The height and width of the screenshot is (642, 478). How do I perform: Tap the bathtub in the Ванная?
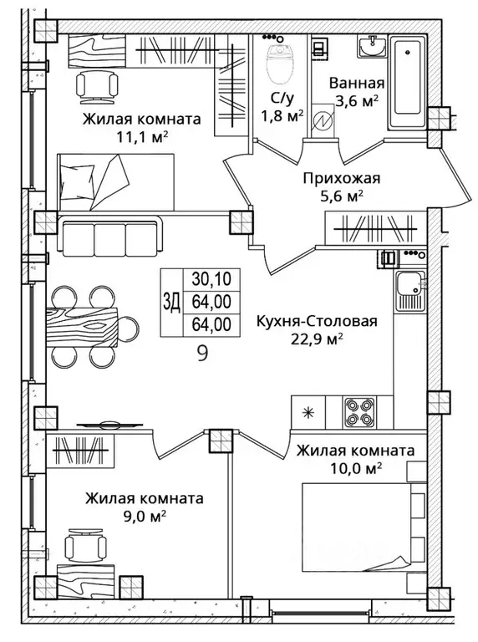tap(407, 82)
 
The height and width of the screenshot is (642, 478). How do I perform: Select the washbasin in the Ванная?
tap(372, 45)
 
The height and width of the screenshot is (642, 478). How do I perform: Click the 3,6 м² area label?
tap(356, 100)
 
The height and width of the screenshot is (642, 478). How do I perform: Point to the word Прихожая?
tap(342, 179)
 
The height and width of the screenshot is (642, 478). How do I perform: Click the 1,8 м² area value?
tap(282, 116)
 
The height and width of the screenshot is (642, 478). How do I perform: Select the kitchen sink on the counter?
tap(410, 293)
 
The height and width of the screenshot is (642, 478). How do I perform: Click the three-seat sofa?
tap(110, 237)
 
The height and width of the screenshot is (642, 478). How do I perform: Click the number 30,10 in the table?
tap(211, 279)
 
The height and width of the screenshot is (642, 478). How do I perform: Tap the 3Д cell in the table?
tap(172, 302)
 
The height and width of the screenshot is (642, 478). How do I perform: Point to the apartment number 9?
tap(202, 354)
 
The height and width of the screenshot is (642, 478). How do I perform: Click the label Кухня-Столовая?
tap(317, 321)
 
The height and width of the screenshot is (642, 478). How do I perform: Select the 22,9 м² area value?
tap(317, 340)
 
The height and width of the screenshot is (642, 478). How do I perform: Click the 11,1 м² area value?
tap(142, 137)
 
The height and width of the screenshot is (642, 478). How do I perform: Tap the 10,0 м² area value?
tap(355, 468)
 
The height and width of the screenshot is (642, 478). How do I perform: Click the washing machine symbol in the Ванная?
tap(323, 120)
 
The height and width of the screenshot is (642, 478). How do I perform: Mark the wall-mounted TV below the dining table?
tap(109, 425)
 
